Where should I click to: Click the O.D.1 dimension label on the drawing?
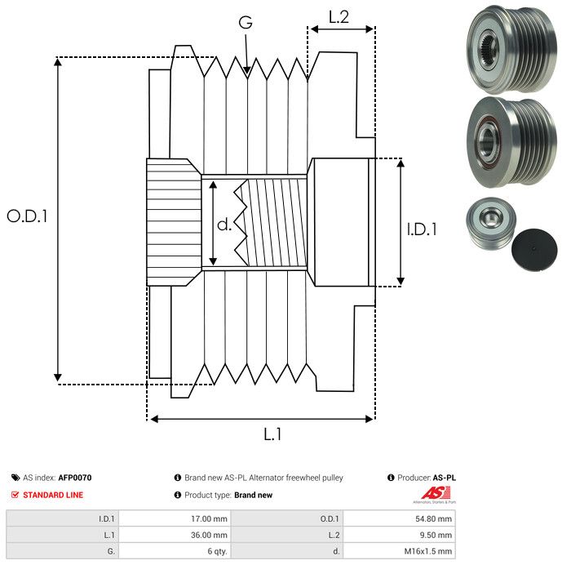28,217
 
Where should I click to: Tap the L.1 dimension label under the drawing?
272,435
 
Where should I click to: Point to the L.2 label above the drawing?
339,16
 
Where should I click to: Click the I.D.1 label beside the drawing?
422,229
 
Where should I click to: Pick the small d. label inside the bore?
224,225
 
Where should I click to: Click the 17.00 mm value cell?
175,518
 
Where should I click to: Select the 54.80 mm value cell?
400,518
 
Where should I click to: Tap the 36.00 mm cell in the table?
175,535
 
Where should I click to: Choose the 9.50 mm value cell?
400,535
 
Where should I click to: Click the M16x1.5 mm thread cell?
400,551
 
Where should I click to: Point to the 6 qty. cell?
175,551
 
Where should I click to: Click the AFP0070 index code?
75,478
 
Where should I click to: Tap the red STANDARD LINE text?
53,495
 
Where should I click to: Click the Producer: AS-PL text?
422,478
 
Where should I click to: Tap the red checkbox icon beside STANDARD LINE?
15,495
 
